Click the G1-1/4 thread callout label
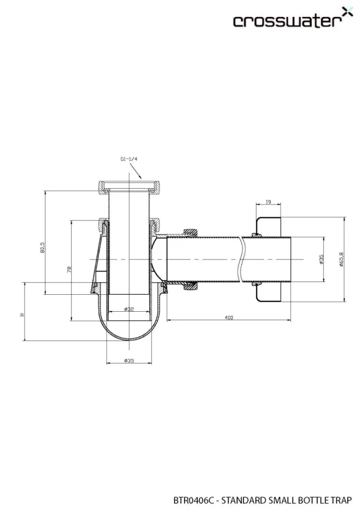click(129, 159)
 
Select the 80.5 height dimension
click(42, 247)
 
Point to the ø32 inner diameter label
click(129, 309)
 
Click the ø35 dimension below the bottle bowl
click(129, 361)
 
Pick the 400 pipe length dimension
click(229, 317)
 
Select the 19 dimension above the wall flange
click(268, 202)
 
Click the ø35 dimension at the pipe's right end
click(321, 259)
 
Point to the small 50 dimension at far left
click(22, 314)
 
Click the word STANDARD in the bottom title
click(243, 499)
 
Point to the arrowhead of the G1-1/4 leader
click(142, 178)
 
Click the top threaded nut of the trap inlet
click(129, 187)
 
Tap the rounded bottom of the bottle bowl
click(129, 339)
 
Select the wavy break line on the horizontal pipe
click(242, 259)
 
